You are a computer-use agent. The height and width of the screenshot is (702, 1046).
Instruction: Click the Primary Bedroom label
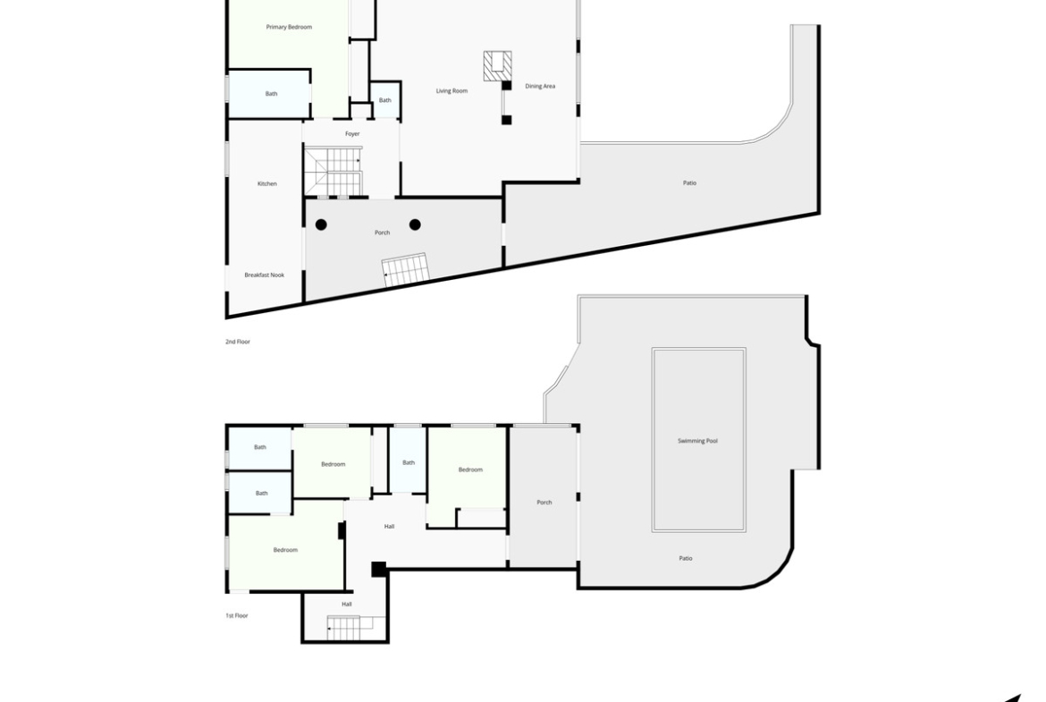289,28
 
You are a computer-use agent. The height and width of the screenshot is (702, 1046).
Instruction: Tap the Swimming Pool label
697,441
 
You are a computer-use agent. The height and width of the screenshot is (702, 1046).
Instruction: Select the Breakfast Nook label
264,275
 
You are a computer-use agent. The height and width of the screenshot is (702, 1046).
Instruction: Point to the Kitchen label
266,183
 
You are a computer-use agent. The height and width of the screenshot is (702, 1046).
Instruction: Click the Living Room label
451,90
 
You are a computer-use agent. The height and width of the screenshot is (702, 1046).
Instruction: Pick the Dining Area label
540,86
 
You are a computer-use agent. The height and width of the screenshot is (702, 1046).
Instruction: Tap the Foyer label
352,134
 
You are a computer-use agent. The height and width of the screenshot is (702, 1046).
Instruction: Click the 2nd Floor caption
238,342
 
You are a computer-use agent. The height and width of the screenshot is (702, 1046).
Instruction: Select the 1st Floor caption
237,616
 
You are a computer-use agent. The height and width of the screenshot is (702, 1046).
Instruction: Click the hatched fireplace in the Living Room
497,66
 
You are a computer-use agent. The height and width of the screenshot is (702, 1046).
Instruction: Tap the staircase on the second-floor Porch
405,269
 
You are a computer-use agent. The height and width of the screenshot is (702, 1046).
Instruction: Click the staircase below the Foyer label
333,173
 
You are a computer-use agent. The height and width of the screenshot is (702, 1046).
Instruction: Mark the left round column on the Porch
321,224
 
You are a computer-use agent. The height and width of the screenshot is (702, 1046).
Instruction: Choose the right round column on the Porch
415,224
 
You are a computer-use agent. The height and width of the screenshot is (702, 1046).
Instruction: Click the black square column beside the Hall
378,570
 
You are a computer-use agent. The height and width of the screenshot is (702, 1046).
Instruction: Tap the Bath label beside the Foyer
385,101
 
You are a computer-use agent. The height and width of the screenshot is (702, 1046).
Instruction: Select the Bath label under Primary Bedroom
272,94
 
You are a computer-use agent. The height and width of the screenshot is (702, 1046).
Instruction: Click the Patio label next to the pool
686,559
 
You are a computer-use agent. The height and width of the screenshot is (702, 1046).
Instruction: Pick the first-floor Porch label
544,503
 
